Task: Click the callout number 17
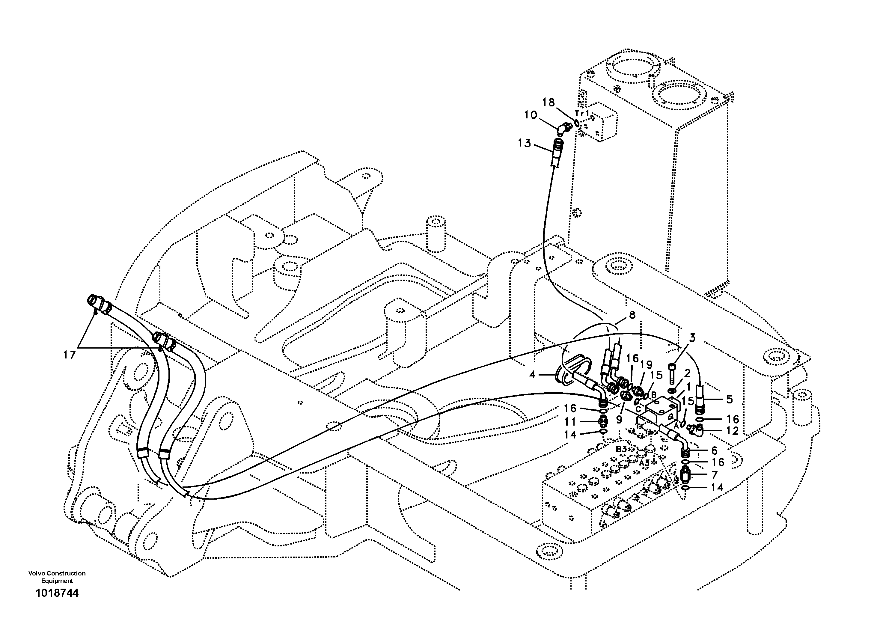point(70,355)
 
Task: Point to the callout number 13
point(525,143)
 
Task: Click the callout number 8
point(632,315)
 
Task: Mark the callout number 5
point(729,399)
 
